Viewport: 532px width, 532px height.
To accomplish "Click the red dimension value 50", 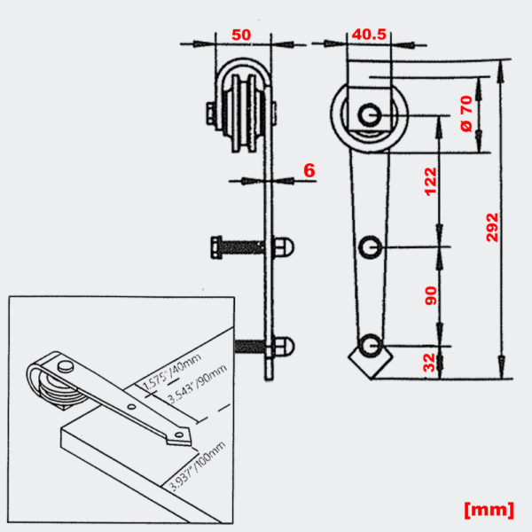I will (x=240, y=35).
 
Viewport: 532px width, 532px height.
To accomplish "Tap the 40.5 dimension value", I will (x=368, y=35).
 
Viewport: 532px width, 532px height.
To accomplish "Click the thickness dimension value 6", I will (x=308, y=169).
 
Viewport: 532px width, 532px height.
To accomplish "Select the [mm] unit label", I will (x=489, y=509).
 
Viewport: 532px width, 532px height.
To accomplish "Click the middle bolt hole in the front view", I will (x=371, y=246).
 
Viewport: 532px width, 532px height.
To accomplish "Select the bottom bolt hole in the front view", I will (x=371, y=344).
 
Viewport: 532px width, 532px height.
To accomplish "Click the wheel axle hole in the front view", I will (x=370, y=114).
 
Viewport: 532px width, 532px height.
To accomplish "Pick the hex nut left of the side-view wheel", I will (x=209, y=113).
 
